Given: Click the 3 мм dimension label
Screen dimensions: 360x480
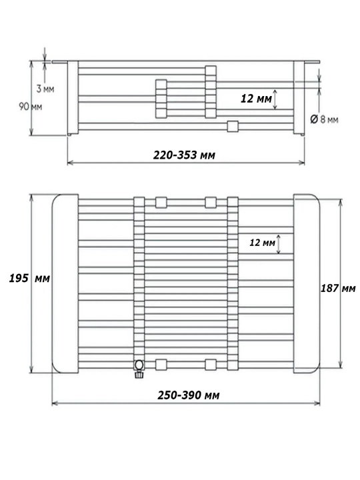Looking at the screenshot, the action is (45, 89).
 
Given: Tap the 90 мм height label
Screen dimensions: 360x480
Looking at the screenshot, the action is (30, 107).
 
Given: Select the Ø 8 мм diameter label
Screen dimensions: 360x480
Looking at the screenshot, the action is (325, 119).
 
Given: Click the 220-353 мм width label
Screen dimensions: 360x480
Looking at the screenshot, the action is (184, 155).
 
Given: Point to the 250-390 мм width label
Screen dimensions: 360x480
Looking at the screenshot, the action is (189, 395).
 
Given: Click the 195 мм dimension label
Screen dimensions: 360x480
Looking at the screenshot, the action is (29, 278).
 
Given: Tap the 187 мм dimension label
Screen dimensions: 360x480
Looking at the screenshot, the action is (338, 288).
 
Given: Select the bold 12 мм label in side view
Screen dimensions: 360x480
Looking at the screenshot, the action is (256, 99).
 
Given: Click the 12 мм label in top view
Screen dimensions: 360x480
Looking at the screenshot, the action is (263, 243).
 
